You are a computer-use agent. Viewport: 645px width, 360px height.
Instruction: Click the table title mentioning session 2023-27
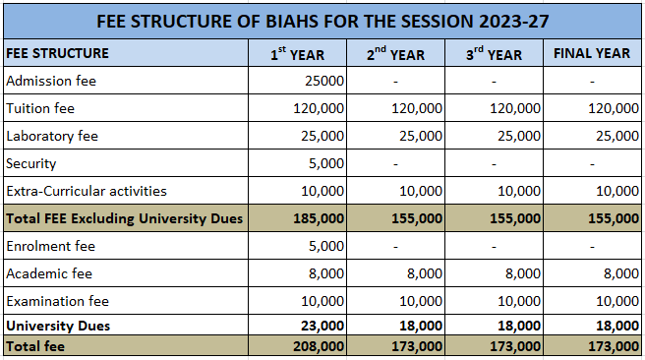[322, 21]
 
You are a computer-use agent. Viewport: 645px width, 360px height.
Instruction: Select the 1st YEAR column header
[297, 53]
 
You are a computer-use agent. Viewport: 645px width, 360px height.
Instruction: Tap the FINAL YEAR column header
[592, 53]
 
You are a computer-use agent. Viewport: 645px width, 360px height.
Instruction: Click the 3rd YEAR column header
[494, 53]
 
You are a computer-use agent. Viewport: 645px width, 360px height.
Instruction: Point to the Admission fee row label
[51, 81]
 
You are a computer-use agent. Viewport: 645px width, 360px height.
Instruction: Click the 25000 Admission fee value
[324, 81]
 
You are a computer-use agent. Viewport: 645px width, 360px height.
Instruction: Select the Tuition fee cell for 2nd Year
[416, 108]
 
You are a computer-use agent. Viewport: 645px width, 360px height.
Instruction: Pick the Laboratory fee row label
[52, 136]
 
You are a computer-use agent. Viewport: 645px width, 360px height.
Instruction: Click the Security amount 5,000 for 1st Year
[326, 163]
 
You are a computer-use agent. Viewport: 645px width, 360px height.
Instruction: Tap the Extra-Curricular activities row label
[87, 191]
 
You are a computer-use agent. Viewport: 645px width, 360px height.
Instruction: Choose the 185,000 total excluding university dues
[319, 218]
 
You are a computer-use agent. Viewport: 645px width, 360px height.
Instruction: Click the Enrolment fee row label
[50, 246]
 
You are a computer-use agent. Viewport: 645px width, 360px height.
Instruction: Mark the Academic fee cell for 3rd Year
[523, 273]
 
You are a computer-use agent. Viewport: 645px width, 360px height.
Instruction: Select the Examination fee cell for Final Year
[617, 301]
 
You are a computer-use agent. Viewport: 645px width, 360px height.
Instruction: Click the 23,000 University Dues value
[322, 326]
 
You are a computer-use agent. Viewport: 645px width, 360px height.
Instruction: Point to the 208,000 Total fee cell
[319, 346]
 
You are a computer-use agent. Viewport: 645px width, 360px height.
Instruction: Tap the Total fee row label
[35, 346]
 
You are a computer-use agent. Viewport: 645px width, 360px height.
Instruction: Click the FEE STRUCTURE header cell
[58, 53]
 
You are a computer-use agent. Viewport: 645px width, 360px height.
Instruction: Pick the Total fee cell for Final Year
[614, 346]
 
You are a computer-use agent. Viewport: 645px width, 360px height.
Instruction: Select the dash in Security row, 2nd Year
[395, 164]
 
